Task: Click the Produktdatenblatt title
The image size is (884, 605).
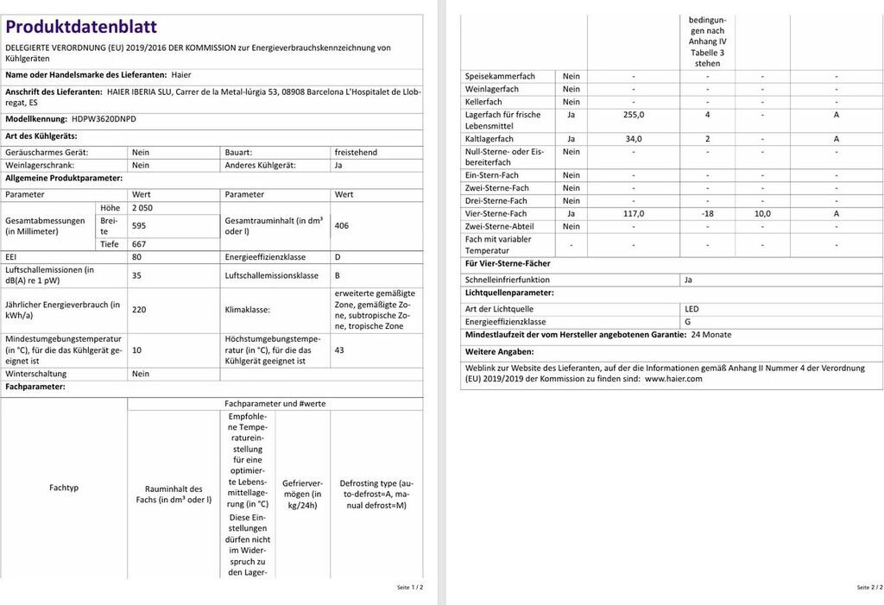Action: point(81,27)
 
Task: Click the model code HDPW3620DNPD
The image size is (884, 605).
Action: point(104,119)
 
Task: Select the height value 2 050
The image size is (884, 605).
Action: point(142,208)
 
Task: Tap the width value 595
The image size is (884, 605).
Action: point(139,225)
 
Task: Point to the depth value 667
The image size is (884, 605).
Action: point(139,244)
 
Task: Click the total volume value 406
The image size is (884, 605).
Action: point(343,225)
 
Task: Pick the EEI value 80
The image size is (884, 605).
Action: point(136,257)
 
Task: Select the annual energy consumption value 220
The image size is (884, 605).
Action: point(139,310)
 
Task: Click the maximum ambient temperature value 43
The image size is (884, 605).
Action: point(339,350)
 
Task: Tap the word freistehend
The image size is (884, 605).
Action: point(356,152)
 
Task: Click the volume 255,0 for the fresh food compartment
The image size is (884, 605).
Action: point(634,114)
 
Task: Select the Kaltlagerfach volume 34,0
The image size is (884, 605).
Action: point(634,139)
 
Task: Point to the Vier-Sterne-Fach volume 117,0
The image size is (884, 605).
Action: point(634,213)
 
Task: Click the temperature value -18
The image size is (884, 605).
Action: point(707,213)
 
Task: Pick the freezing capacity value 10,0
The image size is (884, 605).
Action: point(762,213)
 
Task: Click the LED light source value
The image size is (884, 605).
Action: point(691,309)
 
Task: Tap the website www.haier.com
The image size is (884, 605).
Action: point(673,378)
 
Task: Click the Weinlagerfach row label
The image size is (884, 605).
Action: point(492,89)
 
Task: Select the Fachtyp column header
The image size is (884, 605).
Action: point(64,488)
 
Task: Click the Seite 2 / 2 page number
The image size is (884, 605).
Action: point(869,587)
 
